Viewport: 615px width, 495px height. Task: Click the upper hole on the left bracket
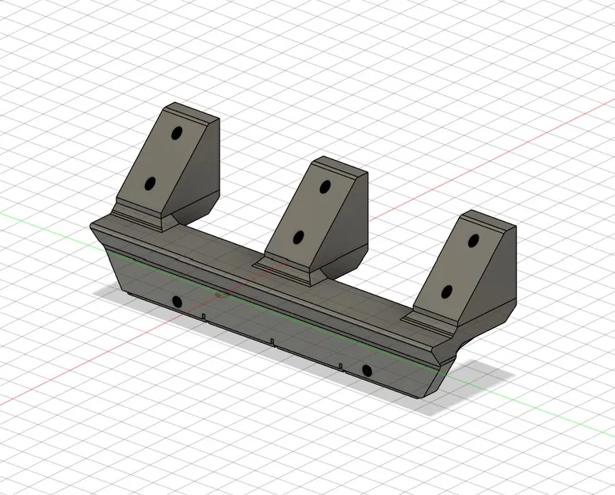[x=176, y=133]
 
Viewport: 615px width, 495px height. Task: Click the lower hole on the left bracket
[x=149, y=184]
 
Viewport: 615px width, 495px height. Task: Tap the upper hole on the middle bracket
[x=325, y=187]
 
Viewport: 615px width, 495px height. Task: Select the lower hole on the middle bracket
[x=299, y=236]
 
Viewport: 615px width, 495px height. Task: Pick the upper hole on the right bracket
[x=473, y=240]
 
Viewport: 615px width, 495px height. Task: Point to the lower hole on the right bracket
[x=446, y=291]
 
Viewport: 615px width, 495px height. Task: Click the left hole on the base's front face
[x=174, y=301]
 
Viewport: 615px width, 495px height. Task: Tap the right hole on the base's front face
[x=366, y=370]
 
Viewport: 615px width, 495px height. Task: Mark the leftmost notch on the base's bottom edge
[x=204, y=317]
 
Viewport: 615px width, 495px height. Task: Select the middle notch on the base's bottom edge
[x=272, y=342]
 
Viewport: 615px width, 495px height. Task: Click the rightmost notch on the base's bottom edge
[x=341, y=366]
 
